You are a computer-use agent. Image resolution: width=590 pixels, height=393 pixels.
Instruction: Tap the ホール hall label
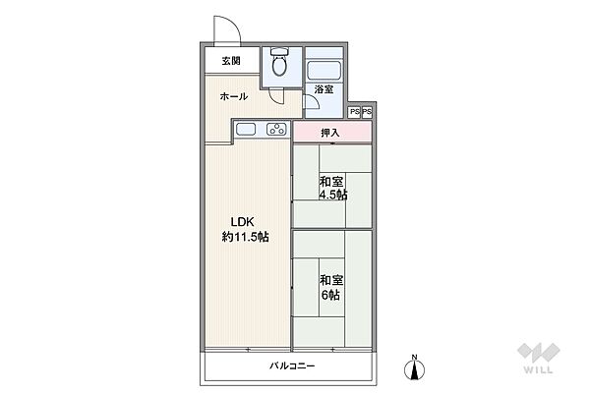[233, 96]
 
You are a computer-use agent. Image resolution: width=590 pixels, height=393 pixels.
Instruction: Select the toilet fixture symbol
[280, 65]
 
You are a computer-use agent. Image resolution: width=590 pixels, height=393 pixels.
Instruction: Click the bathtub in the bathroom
[324, 70]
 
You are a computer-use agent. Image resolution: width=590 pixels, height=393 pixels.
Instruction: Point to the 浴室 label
[324, 90]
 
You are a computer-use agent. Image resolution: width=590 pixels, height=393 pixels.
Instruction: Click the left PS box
[354, 113]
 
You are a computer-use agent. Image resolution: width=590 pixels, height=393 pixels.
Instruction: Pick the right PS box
[367, 113]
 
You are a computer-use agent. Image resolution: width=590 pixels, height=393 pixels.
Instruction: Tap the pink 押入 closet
[331, 132]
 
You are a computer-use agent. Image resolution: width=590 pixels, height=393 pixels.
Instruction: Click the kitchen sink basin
[246, 130]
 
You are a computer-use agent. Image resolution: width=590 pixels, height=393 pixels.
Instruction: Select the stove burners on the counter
[276, 130]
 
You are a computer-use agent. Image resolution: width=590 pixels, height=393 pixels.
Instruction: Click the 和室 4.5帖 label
[331, 188]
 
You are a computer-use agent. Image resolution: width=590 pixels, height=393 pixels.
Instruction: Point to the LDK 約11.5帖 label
[245, 229]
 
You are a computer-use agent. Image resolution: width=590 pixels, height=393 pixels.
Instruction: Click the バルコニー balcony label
[292, 366]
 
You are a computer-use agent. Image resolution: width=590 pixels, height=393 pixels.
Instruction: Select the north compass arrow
[414, 371]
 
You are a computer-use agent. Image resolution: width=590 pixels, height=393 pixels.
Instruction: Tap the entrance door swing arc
[225, 29]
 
